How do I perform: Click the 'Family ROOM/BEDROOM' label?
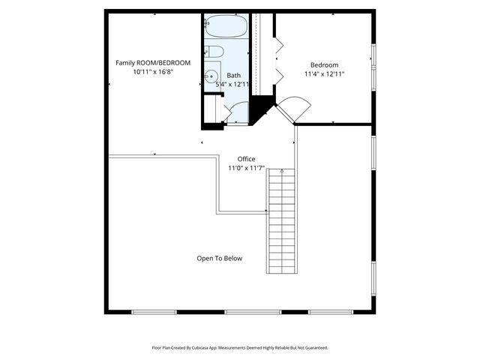click(153, 62)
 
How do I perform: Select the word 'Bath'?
click(234, 75)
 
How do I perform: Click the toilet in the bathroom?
click(214, 52)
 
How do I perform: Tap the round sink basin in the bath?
click(212, 76)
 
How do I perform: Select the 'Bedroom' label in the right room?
click(324, 65)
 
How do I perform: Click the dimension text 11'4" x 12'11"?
click(324, 74)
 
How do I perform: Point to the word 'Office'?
click(246, 159)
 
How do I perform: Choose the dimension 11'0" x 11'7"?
click(246, 169)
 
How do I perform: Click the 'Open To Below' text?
click(220, 258)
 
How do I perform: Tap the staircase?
click(282, 221)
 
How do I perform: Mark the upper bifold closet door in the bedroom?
click(277, 46)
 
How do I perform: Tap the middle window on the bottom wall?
click(242, 311)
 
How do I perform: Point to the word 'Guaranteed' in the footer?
click(312, 348)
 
